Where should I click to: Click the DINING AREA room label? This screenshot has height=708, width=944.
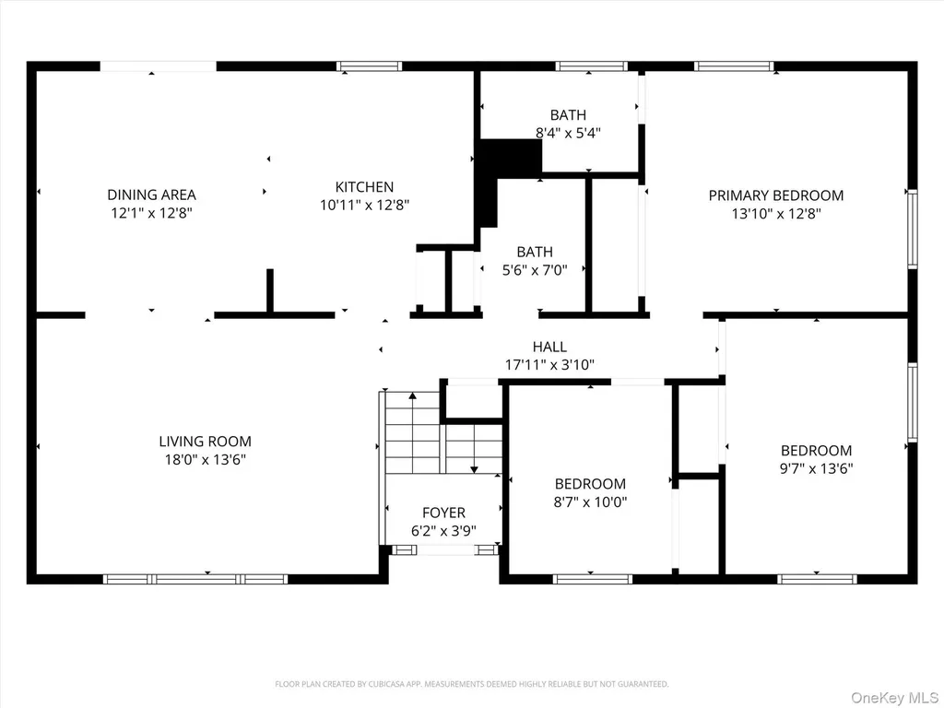(x=152, y=195)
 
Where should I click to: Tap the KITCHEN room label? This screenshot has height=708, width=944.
(x=364, y=186)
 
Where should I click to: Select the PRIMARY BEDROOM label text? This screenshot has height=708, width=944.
(x=776, y=195)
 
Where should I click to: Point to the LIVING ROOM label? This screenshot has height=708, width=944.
(x=206, y=442)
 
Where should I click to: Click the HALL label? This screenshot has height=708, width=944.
(x=549, y=347)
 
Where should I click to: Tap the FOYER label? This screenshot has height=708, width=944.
(x=443, y=513)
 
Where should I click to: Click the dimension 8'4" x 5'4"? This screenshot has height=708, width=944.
(x=568, y=133)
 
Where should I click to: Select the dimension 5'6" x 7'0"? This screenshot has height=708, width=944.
(x=536, y=270)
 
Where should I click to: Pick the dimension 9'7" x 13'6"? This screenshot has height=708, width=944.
(x=817, y=469)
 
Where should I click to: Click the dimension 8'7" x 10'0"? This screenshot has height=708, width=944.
(x=591, y=502)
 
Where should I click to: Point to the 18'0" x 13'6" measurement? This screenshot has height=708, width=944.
(x=206, y=460)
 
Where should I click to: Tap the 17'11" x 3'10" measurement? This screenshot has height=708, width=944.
(x=549, y=365)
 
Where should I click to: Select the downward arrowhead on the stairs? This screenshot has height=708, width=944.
(x=475, y=469)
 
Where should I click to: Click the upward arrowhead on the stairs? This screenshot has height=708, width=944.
(x=412, y=395)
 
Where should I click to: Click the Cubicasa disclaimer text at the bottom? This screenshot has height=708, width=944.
(x=471, y=684)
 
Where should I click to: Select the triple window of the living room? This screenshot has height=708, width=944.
(x=195, y=579)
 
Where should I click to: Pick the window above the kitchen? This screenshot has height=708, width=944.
(x=369, y=66)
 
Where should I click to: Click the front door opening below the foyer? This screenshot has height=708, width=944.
(x=445, y=549)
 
